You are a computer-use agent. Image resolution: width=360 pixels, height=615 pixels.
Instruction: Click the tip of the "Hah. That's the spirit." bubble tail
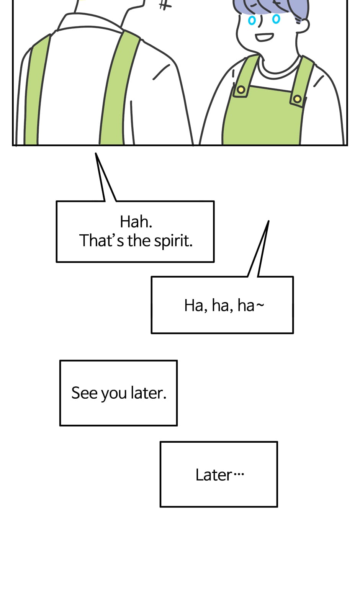[x=96, y=153]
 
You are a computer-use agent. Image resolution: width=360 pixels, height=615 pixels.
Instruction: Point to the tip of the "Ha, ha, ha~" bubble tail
[x=268, y=221]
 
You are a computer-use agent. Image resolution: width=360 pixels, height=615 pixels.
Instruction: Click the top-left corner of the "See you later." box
[x=60, y=361]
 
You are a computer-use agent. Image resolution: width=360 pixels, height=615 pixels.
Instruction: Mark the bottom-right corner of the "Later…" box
[x=277, y=507]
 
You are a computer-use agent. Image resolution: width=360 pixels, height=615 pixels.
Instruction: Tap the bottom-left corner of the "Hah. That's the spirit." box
[x=57, y=262]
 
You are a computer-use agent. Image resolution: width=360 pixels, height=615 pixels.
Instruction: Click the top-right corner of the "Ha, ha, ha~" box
[x=293, y=277]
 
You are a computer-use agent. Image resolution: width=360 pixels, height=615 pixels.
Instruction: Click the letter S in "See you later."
[x=76, y=393]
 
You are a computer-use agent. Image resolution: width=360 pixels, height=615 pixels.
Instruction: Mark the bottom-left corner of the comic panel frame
[x=13, y=145]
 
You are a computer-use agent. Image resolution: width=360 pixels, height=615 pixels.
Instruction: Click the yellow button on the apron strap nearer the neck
[x=241, y=90]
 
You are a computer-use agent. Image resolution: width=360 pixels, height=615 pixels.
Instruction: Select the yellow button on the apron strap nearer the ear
[x=297, y=99]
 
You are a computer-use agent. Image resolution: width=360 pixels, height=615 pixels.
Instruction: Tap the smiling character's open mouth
[x=264, y=37]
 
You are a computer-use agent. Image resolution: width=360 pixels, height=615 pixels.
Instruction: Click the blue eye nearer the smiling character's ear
[x=276, y=19]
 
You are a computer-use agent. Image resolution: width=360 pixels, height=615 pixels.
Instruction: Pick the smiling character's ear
[x=302, y=25]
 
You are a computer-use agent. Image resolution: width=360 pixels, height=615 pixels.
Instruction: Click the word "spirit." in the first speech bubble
[x=173, y=241]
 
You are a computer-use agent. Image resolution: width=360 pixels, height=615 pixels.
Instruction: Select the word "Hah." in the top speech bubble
[x=136, y=222]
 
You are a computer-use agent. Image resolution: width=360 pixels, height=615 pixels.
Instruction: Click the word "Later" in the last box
[x=214, y=475]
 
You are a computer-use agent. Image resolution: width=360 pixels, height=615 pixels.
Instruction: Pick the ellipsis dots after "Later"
[x=238, y=474]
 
